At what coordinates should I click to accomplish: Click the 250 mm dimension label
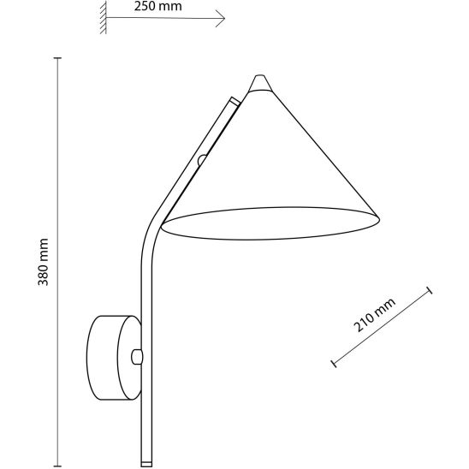[x=157, y=6]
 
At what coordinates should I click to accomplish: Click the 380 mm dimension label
[x=43, y=262]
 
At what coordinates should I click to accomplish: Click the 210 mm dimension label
[x=375, y=315]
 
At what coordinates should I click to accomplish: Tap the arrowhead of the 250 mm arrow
[x=221, y=19]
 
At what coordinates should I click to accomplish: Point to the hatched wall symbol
[x=104, y=17]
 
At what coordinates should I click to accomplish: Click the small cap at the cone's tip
[x=260, y=83]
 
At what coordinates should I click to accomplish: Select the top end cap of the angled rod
[x=234, y=102]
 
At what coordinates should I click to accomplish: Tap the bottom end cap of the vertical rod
[x=146, y=463]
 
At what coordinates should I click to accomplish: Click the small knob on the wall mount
[x=137, y=357]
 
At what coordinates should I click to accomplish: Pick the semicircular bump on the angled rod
[x=202, y=160]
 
